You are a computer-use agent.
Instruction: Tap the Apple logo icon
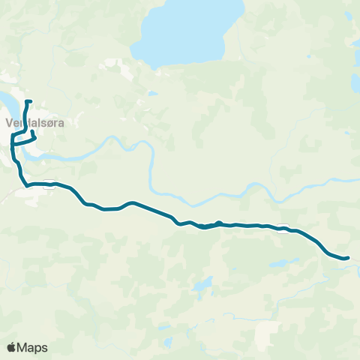click(12, 347)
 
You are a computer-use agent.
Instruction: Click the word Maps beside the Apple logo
click(32, 347)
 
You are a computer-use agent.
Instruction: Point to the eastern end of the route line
click(348, 259)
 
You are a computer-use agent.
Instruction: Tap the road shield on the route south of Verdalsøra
click(50, 187)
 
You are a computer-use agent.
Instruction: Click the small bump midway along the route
click(218, 222)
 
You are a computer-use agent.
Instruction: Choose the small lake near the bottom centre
click(201, 285)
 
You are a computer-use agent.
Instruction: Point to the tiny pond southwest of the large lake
click(152, 94)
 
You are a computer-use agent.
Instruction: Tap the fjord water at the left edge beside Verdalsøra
click(4, 101)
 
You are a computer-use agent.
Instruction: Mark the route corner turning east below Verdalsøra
click(27, 184)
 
